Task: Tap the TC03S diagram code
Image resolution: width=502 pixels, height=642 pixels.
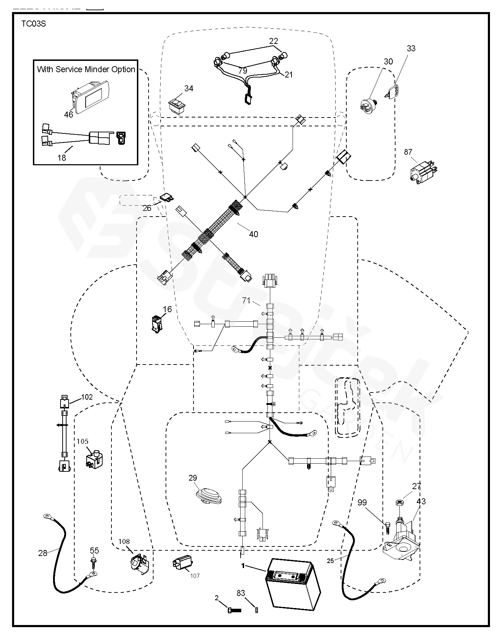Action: pyautogui.click(x=33, y=24)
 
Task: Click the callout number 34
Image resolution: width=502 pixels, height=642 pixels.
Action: pyautogui.click(x=189, y=88)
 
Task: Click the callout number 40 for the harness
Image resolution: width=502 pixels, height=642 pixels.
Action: pyautogui.click(x=254, y=234)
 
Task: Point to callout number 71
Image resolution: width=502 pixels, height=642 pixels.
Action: pyautogui.click(x=246, y=300)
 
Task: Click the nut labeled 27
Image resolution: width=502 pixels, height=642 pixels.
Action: pyautogui.click(x=399, y=503)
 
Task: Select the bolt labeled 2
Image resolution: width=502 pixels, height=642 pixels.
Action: pyautogui.click(x=234, y=610)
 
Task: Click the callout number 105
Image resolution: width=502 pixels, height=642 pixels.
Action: pyautogui.click(x=82, y=441)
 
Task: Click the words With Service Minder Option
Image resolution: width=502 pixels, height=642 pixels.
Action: pyautogui.click(x=86, y=69)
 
